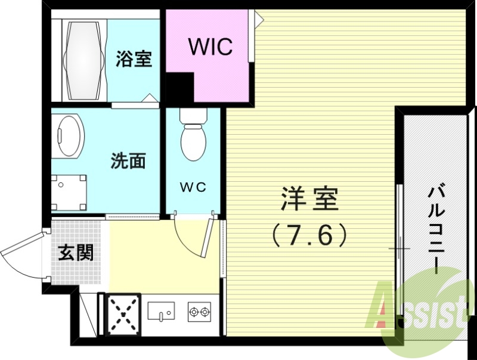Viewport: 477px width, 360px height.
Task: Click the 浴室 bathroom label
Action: point(134,60)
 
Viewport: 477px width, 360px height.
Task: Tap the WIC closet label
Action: point(210,46)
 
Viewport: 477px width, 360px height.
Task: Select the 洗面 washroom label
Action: point(128,161)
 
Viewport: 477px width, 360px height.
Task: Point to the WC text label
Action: point(193,187)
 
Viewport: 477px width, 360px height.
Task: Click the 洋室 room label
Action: point(309,200)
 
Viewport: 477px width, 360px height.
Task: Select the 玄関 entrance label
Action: point(76,253)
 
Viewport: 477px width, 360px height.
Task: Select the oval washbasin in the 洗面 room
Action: point(69,136)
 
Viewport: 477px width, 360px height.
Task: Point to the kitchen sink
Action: point(160,311)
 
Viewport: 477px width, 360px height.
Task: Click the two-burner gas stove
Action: point(199,311)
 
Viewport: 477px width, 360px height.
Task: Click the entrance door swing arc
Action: point(24,253)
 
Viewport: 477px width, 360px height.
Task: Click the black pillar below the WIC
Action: point(179,89)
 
